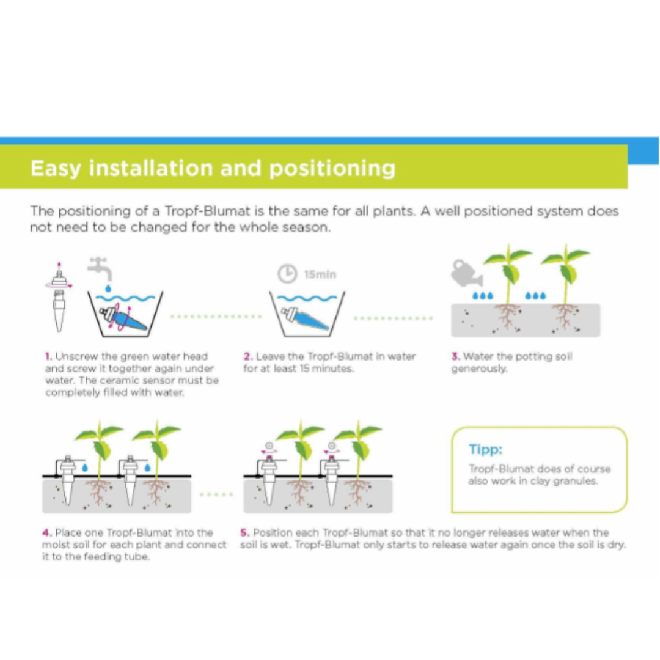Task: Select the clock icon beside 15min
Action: [x=287, y=274]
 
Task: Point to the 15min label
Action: [x=320, y=274]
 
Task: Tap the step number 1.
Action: [x=48, y=356]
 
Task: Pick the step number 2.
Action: [x=248, y=356]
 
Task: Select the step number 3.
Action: [x=455, y=356]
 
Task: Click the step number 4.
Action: [x=46, y=532]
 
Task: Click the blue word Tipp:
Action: [x=486, y=449]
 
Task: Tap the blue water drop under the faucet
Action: [x=108, y=287]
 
